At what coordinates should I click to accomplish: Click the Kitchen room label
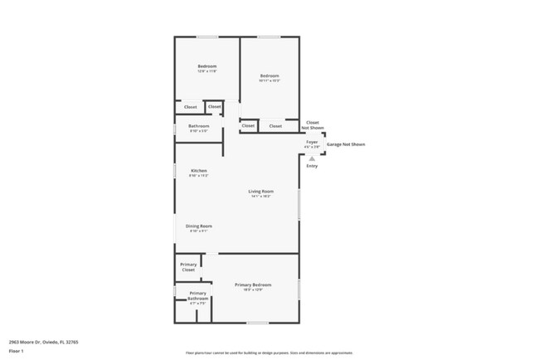click(198, 171)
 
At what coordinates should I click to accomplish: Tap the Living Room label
click(261, 192)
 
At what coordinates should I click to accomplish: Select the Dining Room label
click(198, 226)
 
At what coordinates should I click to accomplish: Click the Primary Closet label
click(188, 267)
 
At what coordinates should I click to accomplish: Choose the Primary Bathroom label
click(197, 296)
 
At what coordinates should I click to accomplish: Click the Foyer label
click(312, 142)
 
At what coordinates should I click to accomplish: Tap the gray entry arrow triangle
click(312, 158)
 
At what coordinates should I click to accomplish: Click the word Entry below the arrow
click(312, 166)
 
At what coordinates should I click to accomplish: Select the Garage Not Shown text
click(345, 144)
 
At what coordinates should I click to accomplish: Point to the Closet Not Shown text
click(313, 125)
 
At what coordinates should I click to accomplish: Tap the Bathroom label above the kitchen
click(198, 126)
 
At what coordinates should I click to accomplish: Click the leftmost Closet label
click(190, 107)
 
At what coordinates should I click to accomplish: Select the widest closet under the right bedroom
click(276, 126)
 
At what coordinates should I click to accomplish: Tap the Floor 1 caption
click(17, 351)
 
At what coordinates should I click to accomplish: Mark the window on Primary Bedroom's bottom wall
click(257, 323)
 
